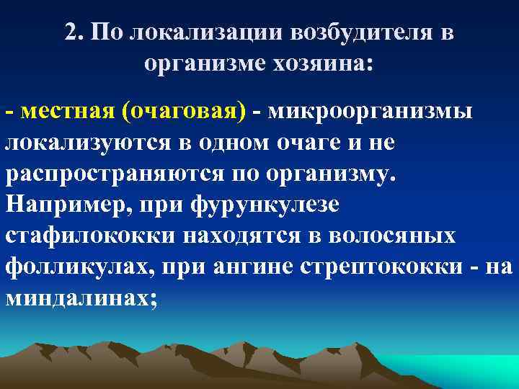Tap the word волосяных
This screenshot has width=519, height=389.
(386, 236)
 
